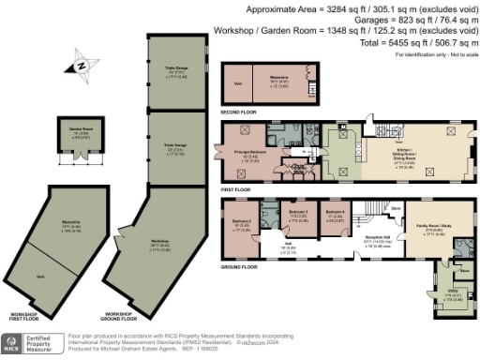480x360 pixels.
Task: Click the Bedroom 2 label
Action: tap(241, 223)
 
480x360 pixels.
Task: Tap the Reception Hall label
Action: tap(378, 239)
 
